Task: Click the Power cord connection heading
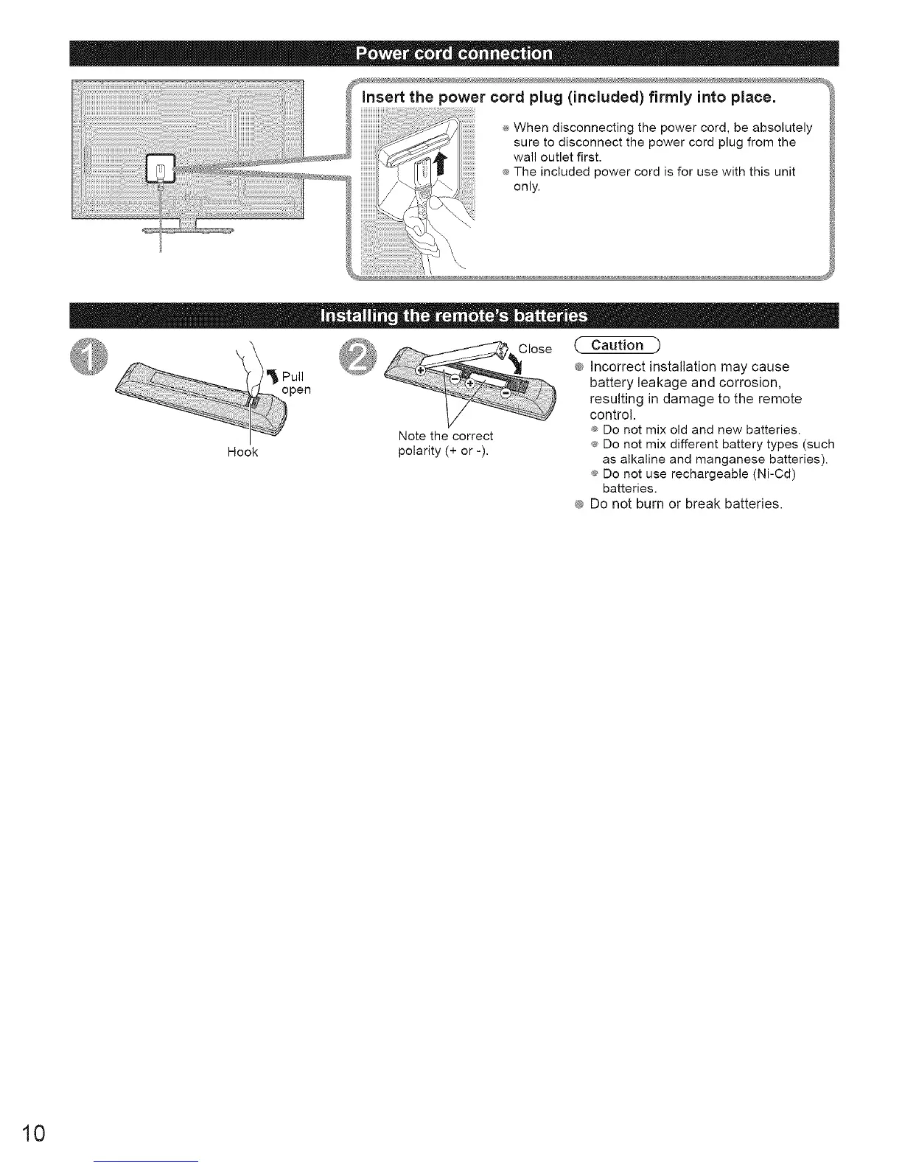coord(453,54)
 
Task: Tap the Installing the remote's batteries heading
coord(453,316)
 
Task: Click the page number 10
coord(35,1133)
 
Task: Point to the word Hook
coord(242,452)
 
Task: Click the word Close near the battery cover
coord(535,349)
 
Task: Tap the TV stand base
coord(188,231)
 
